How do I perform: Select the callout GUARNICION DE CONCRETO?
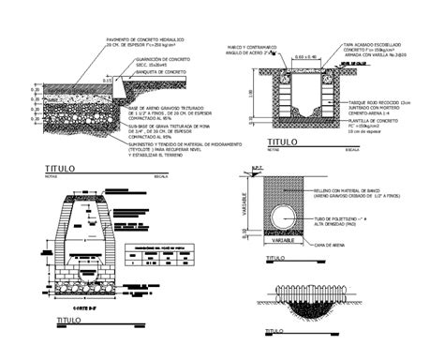(160, 58)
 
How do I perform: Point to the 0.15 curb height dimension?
(107, 80)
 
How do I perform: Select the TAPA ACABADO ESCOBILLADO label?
(369, 44)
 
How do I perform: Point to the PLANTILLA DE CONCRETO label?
(371, 122)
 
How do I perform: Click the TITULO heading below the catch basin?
(281, 142)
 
